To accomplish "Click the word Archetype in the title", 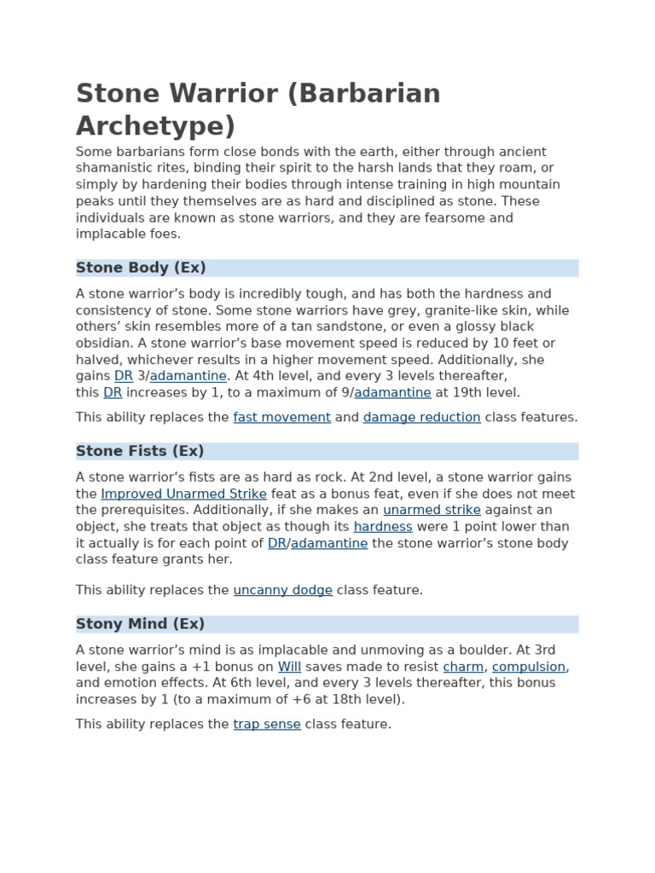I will coord(155,126).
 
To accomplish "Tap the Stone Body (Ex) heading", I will coord(141,268).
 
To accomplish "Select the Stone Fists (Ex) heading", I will coord(140,451).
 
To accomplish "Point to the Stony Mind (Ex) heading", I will coord(140,624).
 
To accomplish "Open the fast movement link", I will coord(281,417).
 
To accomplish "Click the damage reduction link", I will coord(421,417).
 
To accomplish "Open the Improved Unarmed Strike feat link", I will coord(183,494).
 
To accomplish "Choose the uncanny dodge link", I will coord(282,590).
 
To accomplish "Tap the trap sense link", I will coord(267,724).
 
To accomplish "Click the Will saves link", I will coord(289,667).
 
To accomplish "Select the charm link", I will coord(463,667).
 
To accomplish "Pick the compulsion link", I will coord(529,667).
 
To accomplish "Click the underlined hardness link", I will coord(383,527).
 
